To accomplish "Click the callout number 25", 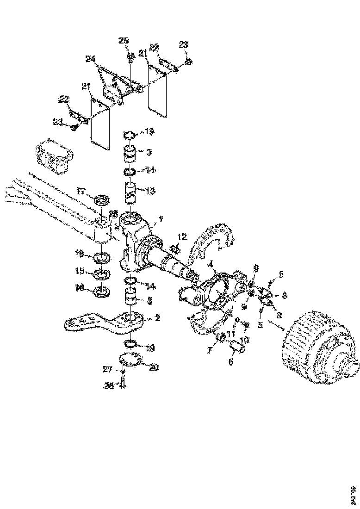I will [123, 41].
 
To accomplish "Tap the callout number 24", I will [90, 59].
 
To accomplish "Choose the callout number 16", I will [81, 288].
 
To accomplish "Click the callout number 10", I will [244, 340].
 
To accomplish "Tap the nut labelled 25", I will [130, 58].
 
